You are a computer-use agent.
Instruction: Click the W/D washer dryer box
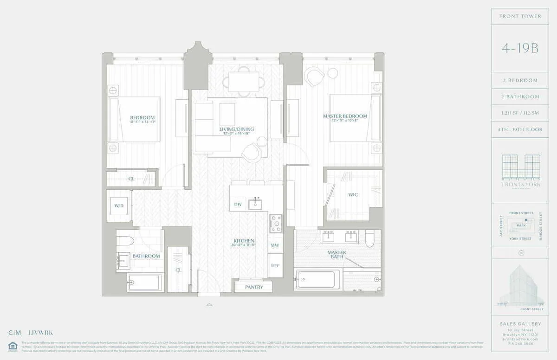coord(119,206)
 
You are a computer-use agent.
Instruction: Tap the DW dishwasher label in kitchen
coord(238,204)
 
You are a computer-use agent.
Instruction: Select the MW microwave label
coord(275,245)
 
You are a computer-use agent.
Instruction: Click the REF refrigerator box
coord(275,266)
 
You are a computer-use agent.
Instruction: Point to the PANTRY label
coord(254,287)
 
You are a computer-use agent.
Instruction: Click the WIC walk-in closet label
coord(353,195)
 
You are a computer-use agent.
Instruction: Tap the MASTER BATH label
coord(337,255)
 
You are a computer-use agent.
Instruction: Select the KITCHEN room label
coord(244,241)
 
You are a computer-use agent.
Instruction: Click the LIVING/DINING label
coord(237,129)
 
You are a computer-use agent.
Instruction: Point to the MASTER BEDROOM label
coord(345,116)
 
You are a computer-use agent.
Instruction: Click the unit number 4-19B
coord(520,48)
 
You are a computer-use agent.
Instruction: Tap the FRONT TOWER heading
coord(520,16)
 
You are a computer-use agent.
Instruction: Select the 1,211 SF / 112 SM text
coord(520,113)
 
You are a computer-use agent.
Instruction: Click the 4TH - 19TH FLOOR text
coord(520,130)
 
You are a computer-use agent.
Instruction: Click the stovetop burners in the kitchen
coord(276,224)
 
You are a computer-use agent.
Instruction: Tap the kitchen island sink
coord(255,204)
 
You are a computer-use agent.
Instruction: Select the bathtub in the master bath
coord(317,280)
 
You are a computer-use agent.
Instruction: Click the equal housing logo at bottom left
coord(13,346)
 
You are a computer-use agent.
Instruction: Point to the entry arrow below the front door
coord(209,305)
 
